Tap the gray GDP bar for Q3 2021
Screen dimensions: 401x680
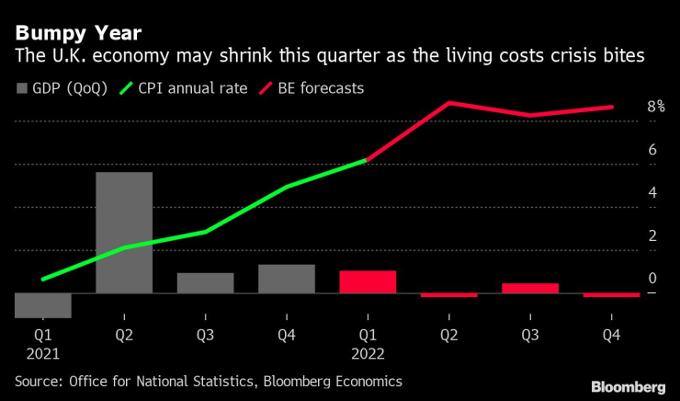(x=205, y=282)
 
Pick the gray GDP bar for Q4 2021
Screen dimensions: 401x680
(x=286, y=279)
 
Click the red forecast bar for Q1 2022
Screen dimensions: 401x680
(x=368, y=281)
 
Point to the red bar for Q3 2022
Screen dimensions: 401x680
(x=529, y=288)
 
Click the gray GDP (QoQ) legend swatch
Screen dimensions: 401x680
(x=22, y=88)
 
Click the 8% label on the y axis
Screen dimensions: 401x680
(x=655, y=107)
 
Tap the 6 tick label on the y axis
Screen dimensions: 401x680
(x=652, y=150)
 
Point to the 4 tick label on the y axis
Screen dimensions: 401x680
(x=652, y=193)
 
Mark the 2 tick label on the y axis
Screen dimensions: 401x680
(x=652, y=235)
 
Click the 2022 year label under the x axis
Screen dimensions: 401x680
(x=368, y=353)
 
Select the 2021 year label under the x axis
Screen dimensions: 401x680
(x=43, y=353)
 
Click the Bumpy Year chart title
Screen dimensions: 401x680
(x=78, y=34)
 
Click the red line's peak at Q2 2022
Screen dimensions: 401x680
(x=448, y=102)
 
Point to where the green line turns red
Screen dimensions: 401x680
(x=368, y=160)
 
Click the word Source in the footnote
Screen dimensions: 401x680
(x=39, y=380)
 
